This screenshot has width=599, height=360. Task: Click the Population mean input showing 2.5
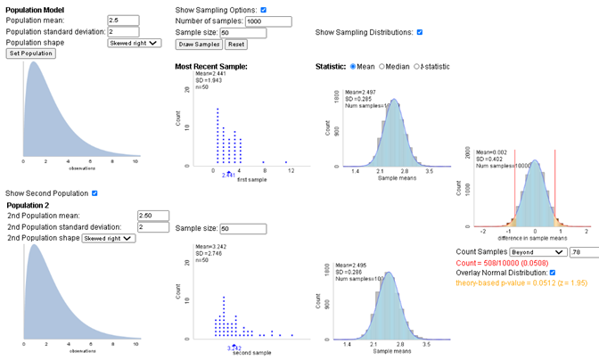click(x=123, y=20)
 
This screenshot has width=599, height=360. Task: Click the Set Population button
click(x=31, y=53)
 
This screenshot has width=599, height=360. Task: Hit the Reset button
click(x=235, y=44)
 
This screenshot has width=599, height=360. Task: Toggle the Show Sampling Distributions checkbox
click(x=420, y=32)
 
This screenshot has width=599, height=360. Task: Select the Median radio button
click(x=383, y=66)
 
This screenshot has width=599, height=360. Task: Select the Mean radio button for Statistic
click(x=354, y=66)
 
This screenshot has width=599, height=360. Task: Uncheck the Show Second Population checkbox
click(x=94, y=192)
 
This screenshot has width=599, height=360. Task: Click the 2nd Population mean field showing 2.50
click(x=153, y=216)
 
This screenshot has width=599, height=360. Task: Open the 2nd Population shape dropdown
click(x=109, y=238)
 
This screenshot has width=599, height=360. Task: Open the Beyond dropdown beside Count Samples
click(x=539, y=253)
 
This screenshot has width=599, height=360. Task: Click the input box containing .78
click(x=583, y=253)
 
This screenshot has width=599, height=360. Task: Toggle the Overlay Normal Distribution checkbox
click(x=554, y=273)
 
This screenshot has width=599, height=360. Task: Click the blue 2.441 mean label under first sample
click(x=229, y=176)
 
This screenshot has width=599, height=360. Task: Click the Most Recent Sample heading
click(x=210, y=66)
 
